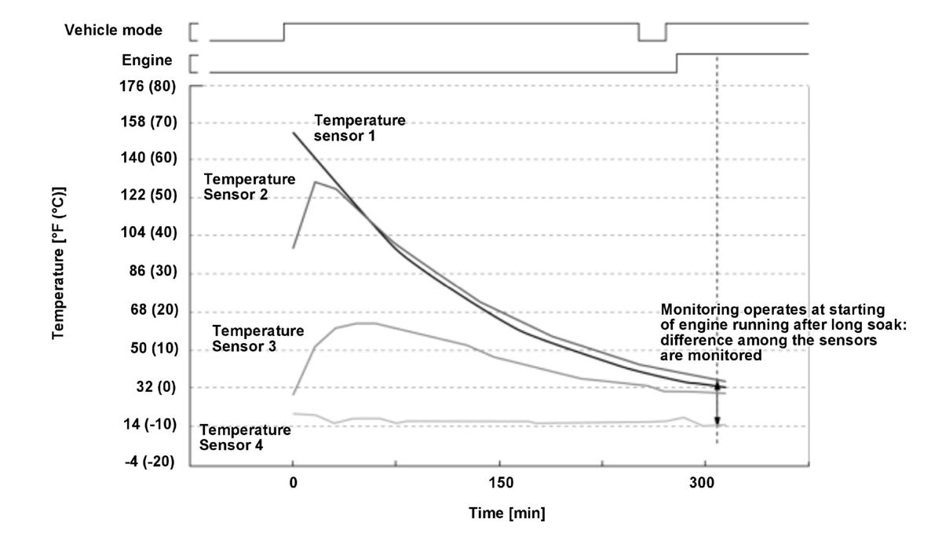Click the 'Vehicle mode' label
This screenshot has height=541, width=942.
113,31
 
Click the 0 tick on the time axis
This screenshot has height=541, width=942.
293,483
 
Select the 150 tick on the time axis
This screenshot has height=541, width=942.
500,483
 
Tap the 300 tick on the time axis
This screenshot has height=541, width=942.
706,483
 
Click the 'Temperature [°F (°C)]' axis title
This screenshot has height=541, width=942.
59,263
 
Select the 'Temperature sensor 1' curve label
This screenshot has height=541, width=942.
360,128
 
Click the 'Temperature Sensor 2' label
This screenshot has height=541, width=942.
249,186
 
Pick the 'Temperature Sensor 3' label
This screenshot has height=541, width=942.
257,338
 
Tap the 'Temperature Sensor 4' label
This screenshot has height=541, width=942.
245,437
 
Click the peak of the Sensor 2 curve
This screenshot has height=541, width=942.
315,182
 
